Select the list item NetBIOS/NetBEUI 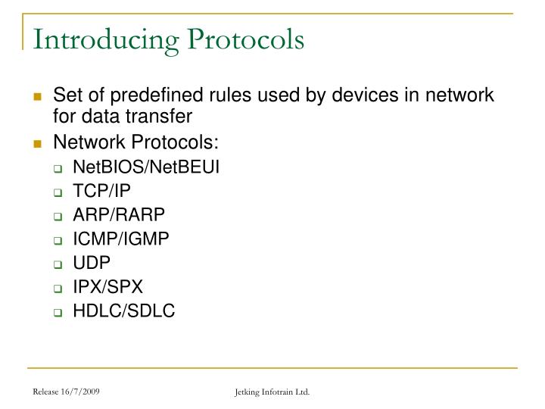[x=146, y=167]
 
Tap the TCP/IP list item [x=101, y=191]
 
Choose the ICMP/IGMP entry [x=121, y=239]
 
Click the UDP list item [x=92, y=263]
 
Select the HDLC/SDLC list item [x=124, y=311]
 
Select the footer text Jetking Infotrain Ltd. [x=272, y=392]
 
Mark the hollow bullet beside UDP [x=58, y=264]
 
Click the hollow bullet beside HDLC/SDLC [x=58, y=311]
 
